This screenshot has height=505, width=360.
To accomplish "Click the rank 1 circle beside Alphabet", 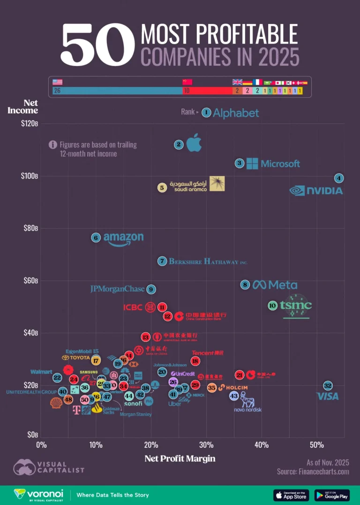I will (206, 112).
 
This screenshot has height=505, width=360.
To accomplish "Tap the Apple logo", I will (194, 143).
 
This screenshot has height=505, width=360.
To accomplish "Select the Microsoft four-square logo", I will (252, 163).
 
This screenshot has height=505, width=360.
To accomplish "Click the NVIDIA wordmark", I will (316, 191).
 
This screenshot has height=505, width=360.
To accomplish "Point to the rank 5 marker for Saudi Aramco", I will (162, 187).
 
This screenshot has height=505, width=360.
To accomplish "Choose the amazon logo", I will (123, 239).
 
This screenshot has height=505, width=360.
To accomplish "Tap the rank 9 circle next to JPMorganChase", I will (150, 290).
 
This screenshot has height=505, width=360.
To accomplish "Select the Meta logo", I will (275, 285).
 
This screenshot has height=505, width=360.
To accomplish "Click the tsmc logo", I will (296, 306).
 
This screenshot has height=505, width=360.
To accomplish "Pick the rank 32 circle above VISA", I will (328, 386).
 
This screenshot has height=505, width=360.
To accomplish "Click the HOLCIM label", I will (232, 388).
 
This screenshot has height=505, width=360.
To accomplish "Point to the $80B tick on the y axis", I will (31, 228).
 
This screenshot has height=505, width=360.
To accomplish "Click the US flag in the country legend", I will (58, 82).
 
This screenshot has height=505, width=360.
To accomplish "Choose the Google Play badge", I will (332, 495).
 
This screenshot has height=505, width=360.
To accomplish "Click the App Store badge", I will (291, 495).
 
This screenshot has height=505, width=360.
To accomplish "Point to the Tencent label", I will (207, 353).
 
